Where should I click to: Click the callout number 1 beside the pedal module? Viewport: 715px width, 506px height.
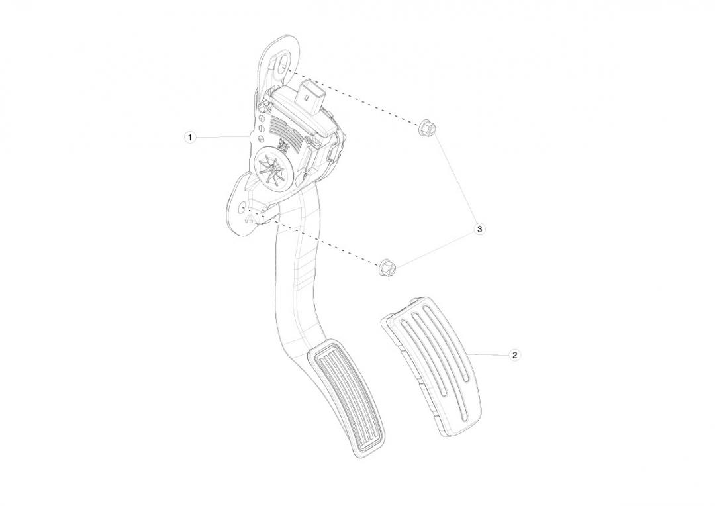(x=190, y=137)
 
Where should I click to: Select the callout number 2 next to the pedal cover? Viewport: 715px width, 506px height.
(x=514, y=355)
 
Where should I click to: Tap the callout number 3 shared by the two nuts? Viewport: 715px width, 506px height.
(x=479, y=229)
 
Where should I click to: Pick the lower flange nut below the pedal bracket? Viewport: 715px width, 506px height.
(x=387, y=267)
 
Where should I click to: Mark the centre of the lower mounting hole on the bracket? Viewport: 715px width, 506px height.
(x=242, y=207)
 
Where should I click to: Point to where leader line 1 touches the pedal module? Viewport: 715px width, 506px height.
(x=250, y=136)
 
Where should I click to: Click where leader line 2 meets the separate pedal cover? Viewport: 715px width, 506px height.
(x=468, y=354)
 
